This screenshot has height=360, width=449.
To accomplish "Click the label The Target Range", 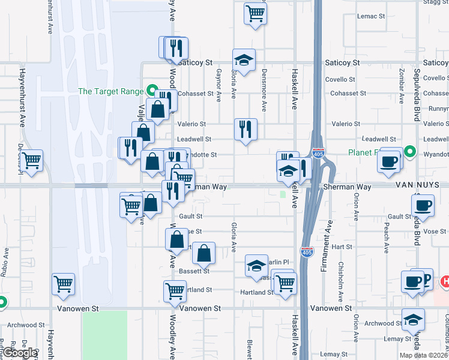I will point(110,91).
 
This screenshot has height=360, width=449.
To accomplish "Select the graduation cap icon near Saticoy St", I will point(244,60).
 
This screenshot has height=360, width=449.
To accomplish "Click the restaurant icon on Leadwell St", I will point(246,129).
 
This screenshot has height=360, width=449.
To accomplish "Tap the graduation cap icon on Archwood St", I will point(412,319).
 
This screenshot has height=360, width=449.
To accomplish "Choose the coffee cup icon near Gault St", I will point(423,206).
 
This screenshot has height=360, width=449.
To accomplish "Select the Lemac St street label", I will point(370,16).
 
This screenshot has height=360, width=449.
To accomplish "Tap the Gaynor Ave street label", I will point(218,83).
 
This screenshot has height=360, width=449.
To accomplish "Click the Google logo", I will point(19,353).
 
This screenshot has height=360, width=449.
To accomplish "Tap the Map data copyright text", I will point(424,355).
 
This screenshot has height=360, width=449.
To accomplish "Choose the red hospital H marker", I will point(445,281).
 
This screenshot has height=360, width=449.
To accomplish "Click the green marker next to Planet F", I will point(410,151).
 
